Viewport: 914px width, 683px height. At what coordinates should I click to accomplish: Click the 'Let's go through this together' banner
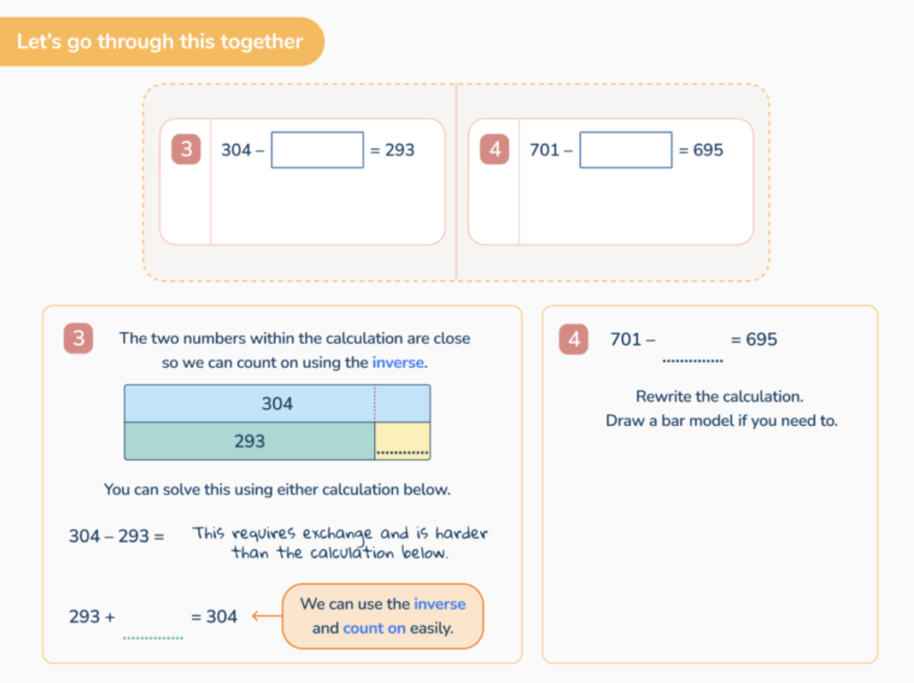[160, 42]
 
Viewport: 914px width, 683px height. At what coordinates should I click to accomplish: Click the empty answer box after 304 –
[317, 150]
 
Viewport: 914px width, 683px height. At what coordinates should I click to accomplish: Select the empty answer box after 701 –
[625, 150]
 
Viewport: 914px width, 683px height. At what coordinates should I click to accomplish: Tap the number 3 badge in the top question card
[186, 150]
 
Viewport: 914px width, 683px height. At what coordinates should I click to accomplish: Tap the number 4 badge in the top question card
[494, 150]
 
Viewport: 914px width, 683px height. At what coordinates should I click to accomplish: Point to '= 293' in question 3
[392, 150]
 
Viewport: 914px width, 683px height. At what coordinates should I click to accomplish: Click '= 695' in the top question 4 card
[701, 150]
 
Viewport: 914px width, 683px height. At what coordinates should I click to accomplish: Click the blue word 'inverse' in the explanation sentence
[399, 362]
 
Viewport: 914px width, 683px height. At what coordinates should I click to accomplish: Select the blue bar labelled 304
[277, 404]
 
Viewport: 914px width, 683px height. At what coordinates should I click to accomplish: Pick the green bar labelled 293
[249, 441]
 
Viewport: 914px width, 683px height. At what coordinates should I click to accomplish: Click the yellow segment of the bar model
[403, 440]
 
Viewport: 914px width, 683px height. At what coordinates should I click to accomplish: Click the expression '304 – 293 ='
[117, 537]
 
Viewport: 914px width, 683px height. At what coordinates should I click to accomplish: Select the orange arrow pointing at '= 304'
[262, 616]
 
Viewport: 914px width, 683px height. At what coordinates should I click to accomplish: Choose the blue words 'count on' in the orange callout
[374, 628]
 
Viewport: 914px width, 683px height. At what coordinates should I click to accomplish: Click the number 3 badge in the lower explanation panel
[79, 339]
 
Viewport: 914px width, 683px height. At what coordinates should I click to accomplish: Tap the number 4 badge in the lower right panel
[574, 339]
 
